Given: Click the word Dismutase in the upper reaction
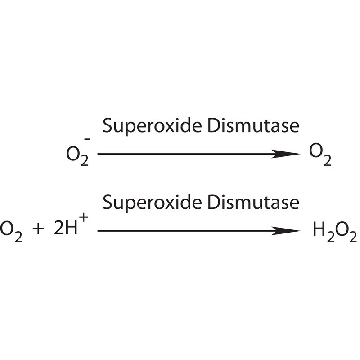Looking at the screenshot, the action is (253, 126).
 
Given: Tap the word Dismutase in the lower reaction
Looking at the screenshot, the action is (253, 202).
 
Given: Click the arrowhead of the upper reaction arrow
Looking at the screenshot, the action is (286, 154).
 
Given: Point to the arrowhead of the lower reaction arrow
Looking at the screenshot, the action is (286, 231).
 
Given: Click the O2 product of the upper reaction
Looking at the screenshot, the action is (320, 155).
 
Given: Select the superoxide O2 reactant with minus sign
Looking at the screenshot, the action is (78, 153).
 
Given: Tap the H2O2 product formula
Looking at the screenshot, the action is (335, 232).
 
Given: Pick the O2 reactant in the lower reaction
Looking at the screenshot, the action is (11, 232).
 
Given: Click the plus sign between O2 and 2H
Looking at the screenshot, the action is (39, 230).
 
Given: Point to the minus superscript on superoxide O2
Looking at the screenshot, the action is (87, 138).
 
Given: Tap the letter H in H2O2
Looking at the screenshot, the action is (319, 229).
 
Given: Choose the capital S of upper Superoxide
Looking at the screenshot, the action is (107, 126).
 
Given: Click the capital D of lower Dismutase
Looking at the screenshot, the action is (213, 202).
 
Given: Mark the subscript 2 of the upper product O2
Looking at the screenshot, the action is (327, 161).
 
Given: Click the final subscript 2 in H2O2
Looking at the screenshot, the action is (352, 237).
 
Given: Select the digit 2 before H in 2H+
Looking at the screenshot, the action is (58, 229).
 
